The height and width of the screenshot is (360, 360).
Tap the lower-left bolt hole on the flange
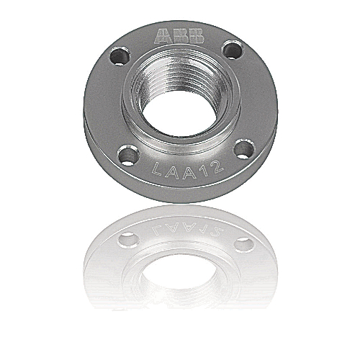pyautogui.click(x=127, y=154)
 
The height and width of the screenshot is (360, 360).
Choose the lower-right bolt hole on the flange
pyautogui.click(x=244, y=148)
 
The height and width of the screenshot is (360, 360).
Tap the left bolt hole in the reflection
pyautogui.click(x=128, y=240)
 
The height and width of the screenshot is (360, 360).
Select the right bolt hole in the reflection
pyautogui.click(x=243, y=244)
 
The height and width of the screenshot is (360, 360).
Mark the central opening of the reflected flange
pyautogui.click(x=180, y=277)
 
